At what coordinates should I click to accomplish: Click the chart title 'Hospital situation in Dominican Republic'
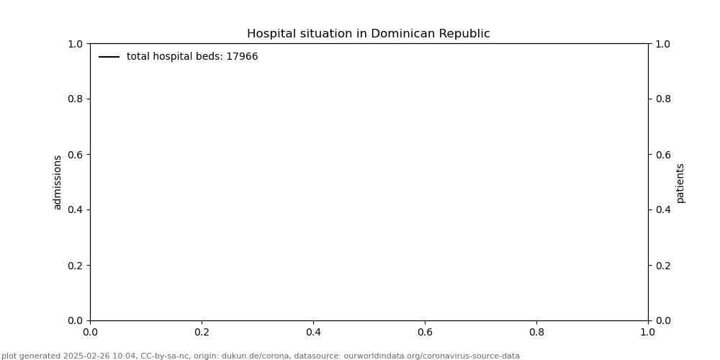tap(368, 34)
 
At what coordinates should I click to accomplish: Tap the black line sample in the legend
tap(109, 57)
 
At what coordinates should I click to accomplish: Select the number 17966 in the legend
tap(242, 57)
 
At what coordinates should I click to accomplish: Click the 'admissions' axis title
tap(58, 182)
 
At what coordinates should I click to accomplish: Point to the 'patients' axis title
tap(680, 182)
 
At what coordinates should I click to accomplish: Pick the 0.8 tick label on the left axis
tap(75, 99)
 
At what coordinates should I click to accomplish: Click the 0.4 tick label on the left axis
tap(75, 210)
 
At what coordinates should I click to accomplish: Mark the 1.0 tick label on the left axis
tap(75, 44)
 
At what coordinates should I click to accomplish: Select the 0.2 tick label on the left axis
tap(75, 265)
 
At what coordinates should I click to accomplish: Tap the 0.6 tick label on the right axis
tap(662, 154)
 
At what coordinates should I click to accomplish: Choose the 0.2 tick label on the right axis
tap(662, 265)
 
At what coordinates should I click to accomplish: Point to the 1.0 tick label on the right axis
tap(662, 44)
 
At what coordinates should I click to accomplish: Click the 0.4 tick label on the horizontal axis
tap(313, 333)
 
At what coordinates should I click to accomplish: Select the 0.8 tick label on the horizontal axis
tap(536, 333)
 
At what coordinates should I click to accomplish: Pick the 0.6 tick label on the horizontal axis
tap(425, 333)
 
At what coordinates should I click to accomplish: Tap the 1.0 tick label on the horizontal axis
tap(648, 333)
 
